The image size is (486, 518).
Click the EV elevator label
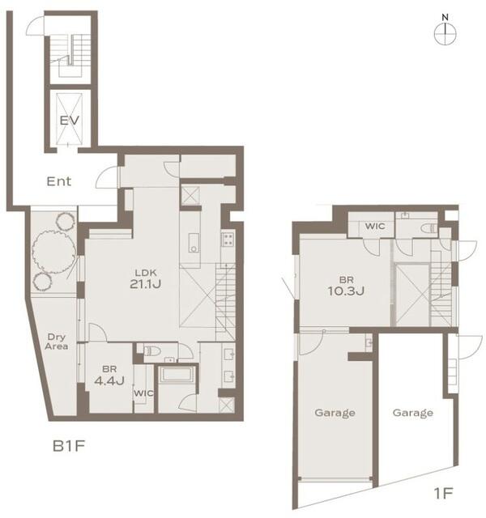point(70,121)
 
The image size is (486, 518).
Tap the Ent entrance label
point(59,181)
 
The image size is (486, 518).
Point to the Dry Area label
point(57,342)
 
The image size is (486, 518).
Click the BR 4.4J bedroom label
point(109,375)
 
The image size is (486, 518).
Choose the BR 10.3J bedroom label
point(346,286)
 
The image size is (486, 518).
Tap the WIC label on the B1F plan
point(143,393)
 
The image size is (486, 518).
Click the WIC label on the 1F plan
point(375,226)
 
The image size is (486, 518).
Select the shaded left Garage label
point(335,413)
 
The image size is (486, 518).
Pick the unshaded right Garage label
point(413,413)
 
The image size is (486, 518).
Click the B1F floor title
point(69,446)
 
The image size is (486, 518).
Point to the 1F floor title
point(443,494)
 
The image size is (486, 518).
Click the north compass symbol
point(446,30)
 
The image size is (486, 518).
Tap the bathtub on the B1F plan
point(175,375)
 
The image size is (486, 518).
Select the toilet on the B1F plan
point(153,350)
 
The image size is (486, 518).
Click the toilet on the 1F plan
point(428,228)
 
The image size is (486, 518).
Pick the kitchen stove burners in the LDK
point(228,239)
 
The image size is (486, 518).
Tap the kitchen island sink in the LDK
point(194,243)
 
